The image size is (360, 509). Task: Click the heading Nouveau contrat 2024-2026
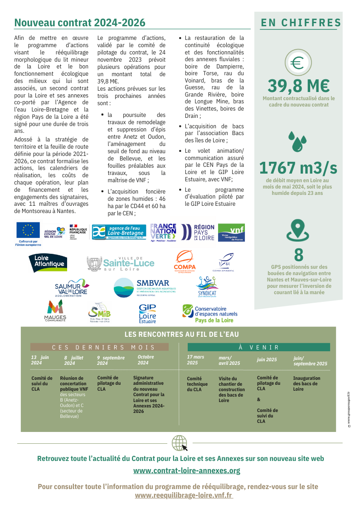(x=80, y=23)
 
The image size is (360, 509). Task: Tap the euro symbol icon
(x=297, y=63)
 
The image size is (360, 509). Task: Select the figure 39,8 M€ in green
(x=298, y=85)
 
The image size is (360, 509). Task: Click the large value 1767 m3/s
(x=298, y=168)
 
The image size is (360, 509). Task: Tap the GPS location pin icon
(x=298, y=230)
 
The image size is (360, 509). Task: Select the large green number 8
(x=298, y=254)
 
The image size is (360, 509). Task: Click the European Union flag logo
(x=28, y=230)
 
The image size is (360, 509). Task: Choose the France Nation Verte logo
(x=163, y=232)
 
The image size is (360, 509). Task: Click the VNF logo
(x=231, y=232)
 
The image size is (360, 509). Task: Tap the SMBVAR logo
(x=145, y=288)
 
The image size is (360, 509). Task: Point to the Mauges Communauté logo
(x=55, y=311)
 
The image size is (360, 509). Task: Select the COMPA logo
(x=185, y=262)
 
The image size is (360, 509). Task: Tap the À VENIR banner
(x=259, y=347)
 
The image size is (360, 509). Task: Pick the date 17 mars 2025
(x=195, y=360)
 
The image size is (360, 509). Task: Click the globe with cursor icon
(x=180, y=443)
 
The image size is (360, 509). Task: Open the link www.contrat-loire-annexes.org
(x=187, y=470)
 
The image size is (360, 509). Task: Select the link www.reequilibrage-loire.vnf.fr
(x=184, y=495)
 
